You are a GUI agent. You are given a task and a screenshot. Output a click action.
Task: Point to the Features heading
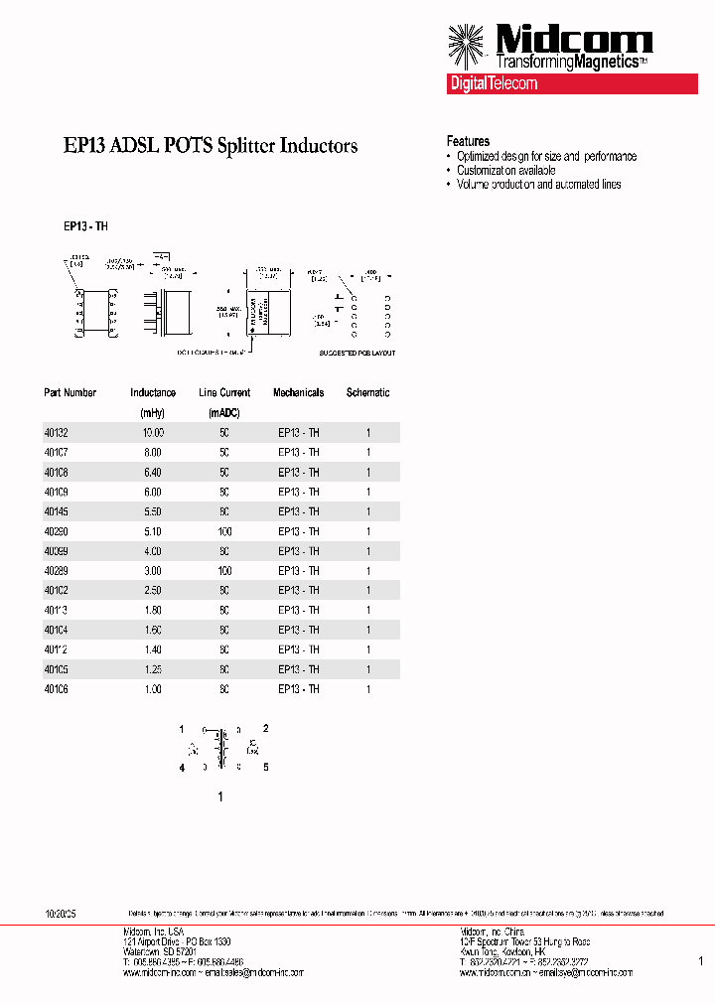tap(468, 141)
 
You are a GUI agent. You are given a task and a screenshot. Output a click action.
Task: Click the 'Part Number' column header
tap(71, 392)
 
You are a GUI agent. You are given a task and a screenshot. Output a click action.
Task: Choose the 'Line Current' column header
tap(224, 392)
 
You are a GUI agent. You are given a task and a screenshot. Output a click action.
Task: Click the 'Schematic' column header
tap(367, 392)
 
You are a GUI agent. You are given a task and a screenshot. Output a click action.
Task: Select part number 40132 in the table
tap(57, 432)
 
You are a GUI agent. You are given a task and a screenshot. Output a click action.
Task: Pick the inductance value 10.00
tap(152, 432)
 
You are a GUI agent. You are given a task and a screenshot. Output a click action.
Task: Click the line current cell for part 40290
tap(224, 531)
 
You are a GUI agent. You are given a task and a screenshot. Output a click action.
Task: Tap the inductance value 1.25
tap(152, 669)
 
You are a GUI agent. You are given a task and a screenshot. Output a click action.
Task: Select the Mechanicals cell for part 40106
tap(298, 689)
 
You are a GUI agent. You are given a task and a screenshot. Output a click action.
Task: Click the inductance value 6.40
tap(152, 472)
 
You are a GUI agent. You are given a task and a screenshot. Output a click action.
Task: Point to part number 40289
tap(57, 571)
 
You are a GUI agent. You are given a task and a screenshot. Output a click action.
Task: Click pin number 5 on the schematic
tap(265, 767)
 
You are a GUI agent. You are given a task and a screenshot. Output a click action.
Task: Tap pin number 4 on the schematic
tap(182, 767)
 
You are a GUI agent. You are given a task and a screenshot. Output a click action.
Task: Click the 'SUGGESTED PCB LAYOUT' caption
tap(357, 353)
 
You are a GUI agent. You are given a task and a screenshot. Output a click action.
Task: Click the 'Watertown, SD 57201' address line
tap(159, 951)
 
